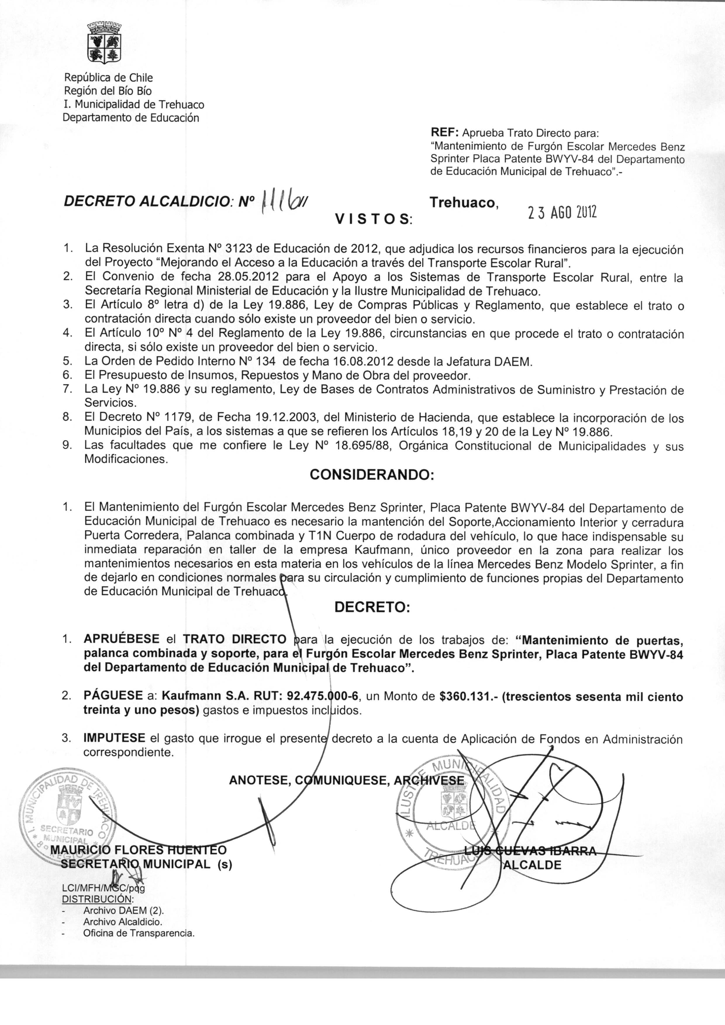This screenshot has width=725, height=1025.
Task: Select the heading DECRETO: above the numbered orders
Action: coord(372,608)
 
